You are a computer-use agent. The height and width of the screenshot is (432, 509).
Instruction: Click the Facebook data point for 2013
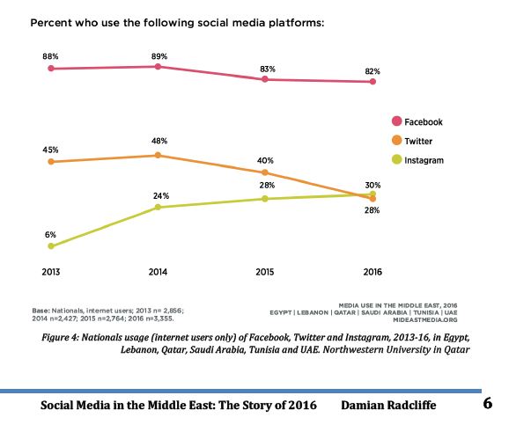pyautogui.click(x=51, y=68)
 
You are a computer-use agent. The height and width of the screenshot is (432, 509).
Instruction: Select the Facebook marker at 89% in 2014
pyautogui.click(x=158, y=67)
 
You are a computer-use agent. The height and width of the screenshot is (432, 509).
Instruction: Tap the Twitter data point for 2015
pyautogui.click(x=265, y=172)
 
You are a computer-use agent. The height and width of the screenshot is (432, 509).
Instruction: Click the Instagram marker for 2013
pyautogui.click(x=51, y=246)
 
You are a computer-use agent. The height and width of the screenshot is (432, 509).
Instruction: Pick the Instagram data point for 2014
pyautogui.click(x=158, y=207)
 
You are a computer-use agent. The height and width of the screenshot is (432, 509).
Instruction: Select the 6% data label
pyautogui.click(x=50, y=234)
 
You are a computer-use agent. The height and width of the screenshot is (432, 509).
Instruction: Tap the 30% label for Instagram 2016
pyautogui.click(x=373, y=183)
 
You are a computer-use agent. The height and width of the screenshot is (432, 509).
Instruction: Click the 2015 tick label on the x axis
pyautogui.click(x=264, y=272)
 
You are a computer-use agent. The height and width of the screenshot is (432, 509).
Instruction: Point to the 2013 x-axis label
pyautogui.click(x=51, y=272)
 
